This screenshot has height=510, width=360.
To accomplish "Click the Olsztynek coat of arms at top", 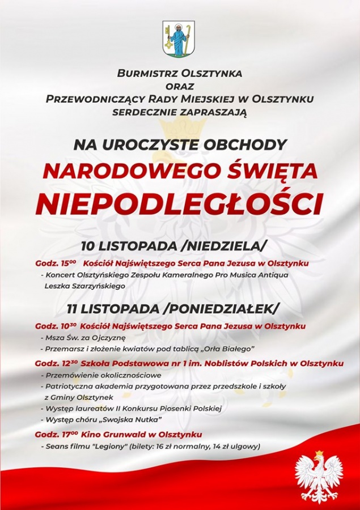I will point(179,39).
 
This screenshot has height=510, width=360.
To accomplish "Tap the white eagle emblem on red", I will point(319,477).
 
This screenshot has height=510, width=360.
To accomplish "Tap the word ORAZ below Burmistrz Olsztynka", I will point(180,86).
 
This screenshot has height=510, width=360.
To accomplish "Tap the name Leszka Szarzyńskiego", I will point(84,286).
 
